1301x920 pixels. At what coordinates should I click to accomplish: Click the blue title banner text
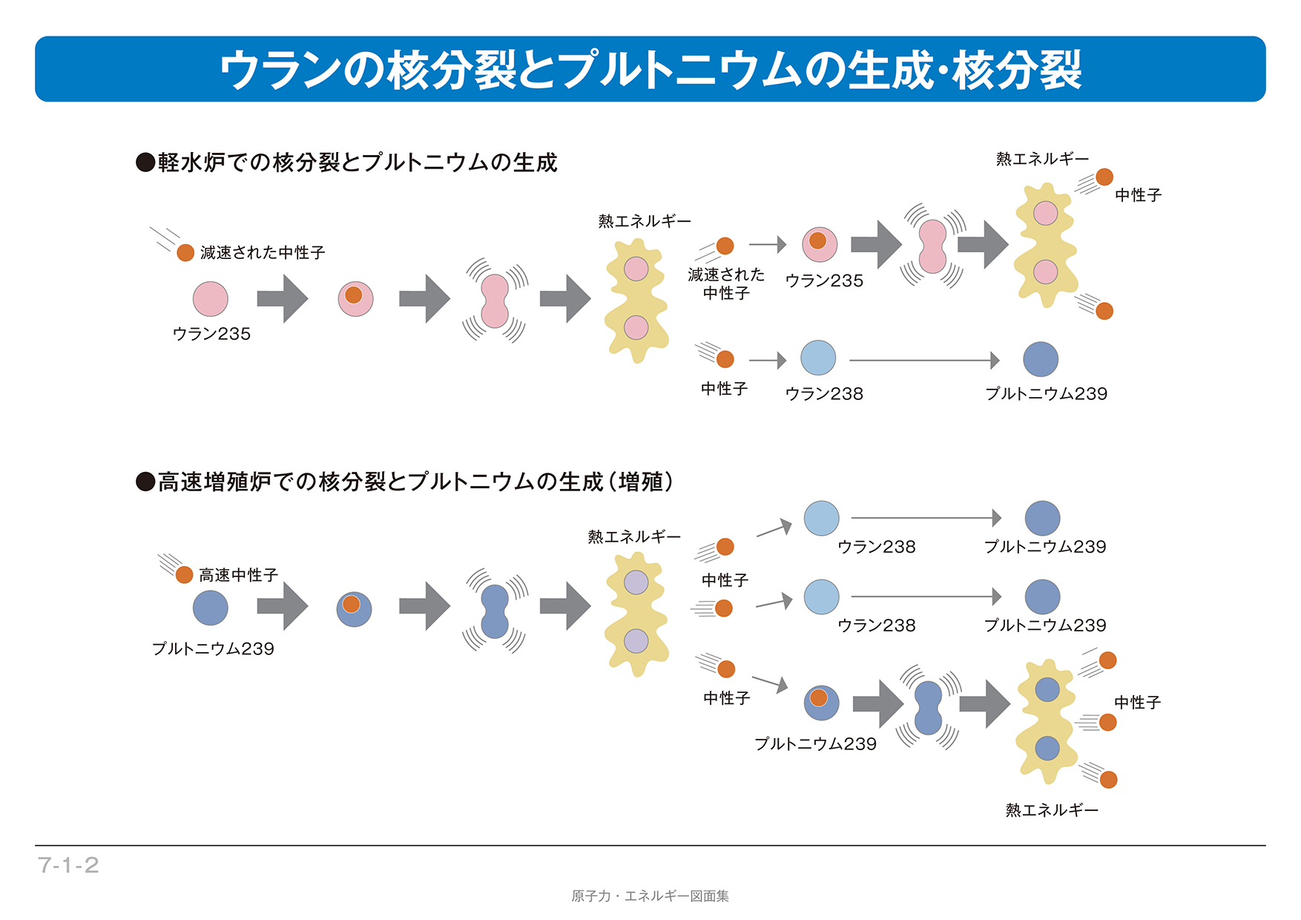coord(650,70)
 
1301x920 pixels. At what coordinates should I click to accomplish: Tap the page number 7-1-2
coord(68,865)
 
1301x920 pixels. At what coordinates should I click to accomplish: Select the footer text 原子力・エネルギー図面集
coord(650,896)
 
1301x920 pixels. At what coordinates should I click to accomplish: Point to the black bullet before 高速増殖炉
coord(145,482)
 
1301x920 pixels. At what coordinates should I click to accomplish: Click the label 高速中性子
coord(238,575)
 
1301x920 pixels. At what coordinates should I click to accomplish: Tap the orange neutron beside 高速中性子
coord(184,574)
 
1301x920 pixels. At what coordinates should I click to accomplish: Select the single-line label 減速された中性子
coord(263,253)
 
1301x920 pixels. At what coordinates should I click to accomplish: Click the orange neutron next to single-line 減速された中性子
coord(185,253)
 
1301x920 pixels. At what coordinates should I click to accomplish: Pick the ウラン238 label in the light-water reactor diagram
coord(824,394)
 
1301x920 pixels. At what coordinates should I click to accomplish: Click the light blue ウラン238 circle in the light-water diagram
coord(818,358)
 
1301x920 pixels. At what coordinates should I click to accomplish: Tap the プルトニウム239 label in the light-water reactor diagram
coord(1046,394)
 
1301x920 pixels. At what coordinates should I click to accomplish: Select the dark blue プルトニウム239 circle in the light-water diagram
coord(1041,359)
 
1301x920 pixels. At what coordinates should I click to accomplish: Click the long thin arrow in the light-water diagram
coord(924,361)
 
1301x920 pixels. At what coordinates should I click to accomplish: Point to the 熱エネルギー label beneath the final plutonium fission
coord(1052,810)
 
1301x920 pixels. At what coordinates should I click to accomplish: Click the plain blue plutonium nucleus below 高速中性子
coord(211,608)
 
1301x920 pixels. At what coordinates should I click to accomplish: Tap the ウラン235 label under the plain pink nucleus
coord(211,334)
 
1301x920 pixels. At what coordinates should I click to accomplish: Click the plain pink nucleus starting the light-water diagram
coord(211,299)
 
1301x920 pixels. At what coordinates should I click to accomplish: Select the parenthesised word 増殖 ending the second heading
coord(640,482)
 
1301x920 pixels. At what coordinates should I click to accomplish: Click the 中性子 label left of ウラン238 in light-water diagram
coord(724,389)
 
